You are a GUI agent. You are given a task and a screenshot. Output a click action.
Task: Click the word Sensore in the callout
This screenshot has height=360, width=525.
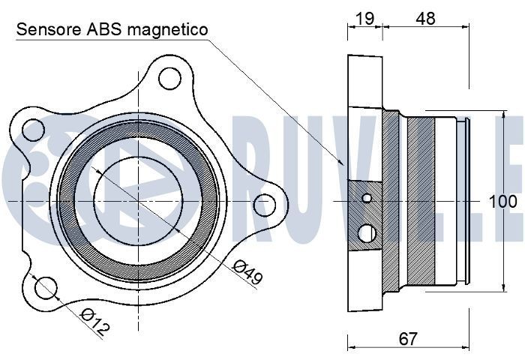[x=47, y=29]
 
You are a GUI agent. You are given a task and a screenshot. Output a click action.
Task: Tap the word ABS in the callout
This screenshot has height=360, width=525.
[x=105, y=29]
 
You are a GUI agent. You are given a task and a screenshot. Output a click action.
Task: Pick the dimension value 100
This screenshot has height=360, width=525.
[x=502, y=201]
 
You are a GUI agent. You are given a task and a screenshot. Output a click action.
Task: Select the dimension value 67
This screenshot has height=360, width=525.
[x=407, y=339]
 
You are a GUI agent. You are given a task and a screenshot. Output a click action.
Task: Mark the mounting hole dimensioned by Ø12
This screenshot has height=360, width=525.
[x=46, y=286]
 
